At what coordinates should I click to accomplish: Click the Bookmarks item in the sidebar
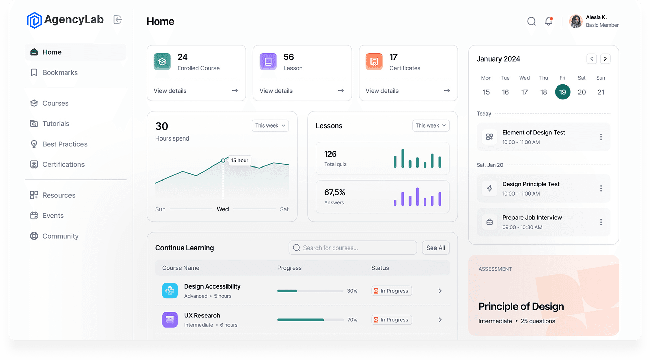[x=60, y=72]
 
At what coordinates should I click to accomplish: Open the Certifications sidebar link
[x=63, y=164]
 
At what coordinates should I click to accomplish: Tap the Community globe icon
[x=34, y=236]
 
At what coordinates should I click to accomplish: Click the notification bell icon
[x=548, y=21]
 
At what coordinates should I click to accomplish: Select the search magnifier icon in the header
[x=531, y=21]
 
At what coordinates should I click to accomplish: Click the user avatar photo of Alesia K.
[x=576, y=21]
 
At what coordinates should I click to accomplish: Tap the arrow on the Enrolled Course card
[x=235, y=91]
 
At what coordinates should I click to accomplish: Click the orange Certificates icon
[x=374, y=62]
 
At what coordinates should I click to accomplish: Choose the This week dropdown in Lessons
[x=430, y=125]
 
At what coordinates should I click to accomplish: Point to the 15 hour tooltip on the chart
[x=239, y=160]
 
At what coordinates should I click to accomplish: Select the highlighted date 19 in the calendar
[x=562, y=92]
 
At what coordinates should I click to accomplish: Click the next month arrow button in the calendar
[x=605, y=59]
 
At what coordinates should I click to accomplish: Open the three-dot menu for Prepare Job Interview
[x=601, y=222]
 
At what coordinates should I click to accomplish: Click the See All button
[x=435, y=248]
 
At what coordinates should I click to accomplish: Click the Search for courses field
[x=353, y=248]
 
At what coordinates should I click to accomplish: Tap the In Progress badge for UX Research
[x=391, y=320]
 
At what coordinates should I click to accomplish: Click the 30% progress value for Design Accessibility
[x=352, y=291]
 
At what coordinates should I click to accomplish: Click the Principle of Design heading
[x=521, y=306]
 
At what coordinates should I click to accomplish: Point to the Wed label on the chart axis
[x=223, y=209]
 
